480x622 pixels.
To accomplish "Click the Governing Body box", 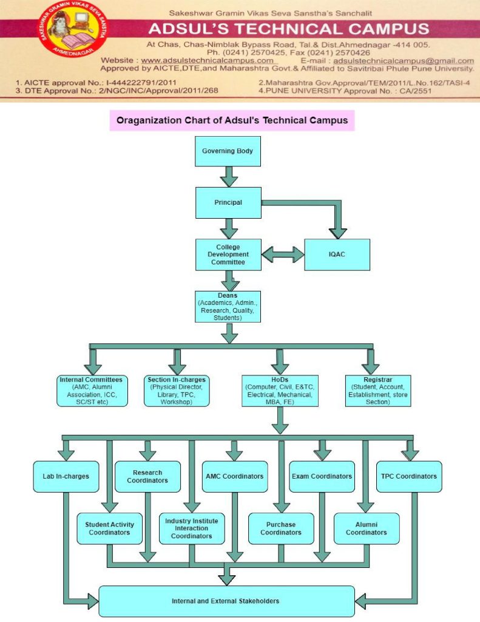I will pyautogui.click(x=228, y=151).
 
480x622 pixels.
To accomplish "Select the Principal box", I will pyautogui.click(x=228, y=202).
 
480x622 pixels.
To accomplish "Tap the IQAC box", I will pyautogui.click(x=337, y=255).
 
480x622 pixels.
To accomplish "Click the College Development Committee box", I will pyautogui.click(x=228, y=255).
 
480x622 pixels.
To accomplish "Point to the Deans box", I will pyautogui.click(x=228, y=306).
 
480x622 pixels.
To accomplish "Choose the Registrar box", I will pyautogui.click(x=377, y=391).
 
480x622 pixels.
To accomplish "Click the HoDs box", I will pyautogui.click(x=279, y=391).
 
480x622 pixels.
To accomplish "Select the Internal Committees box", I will pyautogui.click(x=90, y=391).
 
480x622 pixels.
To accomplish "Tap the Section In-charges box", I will pyautogui.click(x=177, y=391).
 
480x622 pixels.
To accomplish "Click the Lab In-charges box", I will pyautogui.click(x=66, y=476).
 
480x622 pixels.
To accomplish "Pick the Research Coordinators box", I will pyautogui.click(x=147, y=476).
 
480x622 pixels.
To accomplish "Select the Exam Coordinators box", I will pyautogui.click(x=322, y=476).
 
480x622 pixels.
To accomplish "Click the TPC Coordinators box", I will pyautogui.click(x=409, y=476).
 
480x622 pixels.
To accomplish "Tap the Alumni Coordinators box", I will pyautogui.click(x=367, y=528).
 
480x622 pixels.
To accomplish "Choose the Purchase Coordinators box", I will pyautogui.click(x=281, y=528).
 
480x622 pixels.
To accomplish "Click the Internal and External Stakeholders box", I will pyautogui.click(x=226, y=601).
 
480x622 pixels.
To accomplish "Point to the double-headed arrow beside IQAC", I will pyautogui.click(x=282, y=255).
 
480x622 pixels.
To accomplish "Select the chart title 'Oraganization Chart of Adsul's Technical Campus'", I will pyautogui.click(x=232, y=120).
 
